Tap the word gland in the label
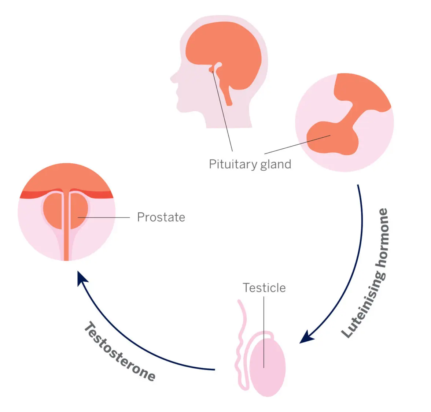(276, 164)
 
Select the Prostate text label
(161, 217)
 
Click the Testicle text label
(264, 288)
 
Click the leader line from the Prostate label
(106, 218)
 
